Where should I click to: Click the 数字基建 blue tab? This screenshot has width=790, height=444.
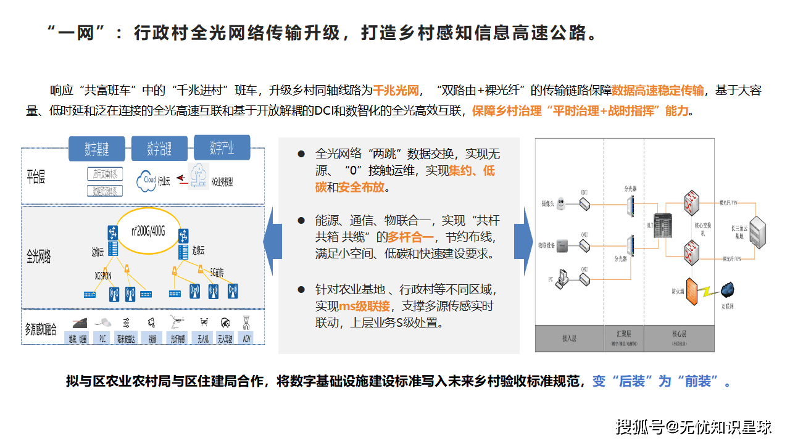pos(97,149)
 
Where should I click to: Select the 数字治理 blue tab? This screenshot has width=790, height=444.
pos(159,149)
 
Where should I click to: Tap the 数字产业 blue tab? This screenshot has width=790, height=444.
pos(222,148)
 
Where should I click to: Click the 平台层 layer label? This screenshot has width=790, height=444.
pos(36,178)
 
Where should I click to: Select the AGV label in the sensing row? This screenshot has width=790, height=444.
pos(247,339)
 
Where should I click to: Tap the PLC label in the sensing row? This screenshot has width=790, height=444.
pos(102,339)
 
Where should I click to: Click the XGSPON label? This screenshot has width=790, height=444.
pos(103,276)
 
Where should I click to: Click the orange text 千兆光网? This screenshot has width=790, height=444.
pos(396,91)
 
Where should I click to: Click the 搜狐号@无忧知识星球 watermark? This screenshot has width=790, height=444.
pos(694,426)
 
